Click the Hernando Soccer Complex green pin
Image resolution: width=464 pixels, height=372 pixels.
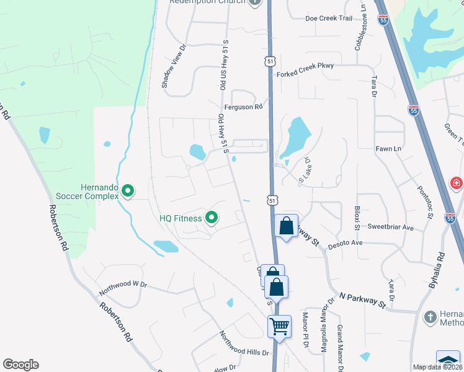[x=128, y=191]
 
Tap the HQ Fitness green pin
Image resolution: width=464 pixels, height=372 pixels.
[x=212, y=218]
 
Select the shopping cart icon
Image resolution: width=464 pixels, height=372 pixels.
[x=279, y=326]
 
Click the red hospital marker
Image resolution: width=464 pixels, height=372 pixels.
[x=457, y=184]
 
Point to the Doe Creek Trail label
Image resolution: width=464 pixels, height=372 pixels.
[x=329, y=19]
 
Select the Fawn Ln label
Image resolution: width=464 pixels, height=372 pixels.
[x=388, y=149]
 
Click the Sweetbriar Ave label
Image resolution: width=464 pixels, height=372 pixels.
[x=390, y=228]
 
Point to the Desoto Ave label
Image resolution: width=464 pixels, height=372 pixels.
[x=345, y=243]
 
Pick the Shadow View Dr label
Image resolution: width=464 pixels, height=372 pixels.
[x=166, y=66]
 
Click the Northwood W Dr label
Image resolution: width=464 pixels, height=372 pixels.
[x=123, y=284]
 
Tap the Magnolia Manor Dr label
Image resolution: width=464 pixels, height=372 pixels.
[x=324, y=325]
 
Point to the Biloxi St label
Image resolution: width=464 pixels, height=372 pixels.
[x=357, y=218]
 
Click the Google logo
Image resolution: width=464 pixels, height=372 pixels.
[x=20, y=365]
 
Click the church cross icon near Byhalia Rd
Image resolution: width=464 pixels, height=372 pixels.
[x=430, y=317]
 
